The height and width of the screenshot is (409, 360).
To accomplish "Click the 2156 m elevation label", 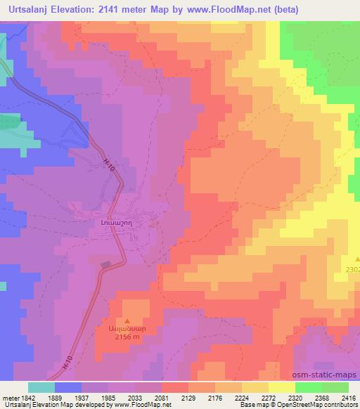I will (x=127, y=335).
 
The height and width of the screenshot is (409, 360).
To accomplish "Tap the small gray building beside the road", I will (x=106, y=265).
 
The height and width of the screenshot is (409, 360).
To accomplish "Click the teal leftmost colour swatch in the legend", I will (x=41, y=387).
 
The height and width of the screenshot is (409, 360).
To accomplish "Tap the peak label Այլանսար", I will (x=127, y=327).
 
